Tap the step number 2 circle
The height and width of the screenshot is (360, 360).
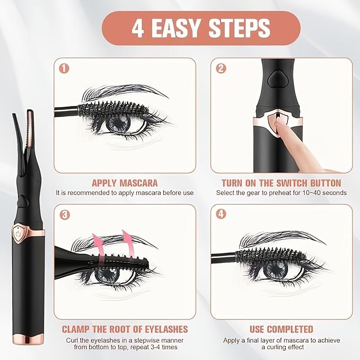click(x=221, y=69)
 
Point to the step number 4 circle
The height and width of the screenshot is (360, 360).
click(x=221, y=215)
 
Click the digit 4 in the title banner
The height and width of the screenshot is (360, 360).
click(x=138, y=28)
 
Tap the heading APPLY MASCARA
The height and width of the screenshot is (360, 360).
click(x=125, y=183)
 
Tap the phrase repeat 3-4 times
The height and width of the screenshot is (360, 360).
click(x=151, y=346)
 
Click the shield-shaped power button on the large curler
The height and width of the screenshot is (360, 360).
click(x=19, y=234)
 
